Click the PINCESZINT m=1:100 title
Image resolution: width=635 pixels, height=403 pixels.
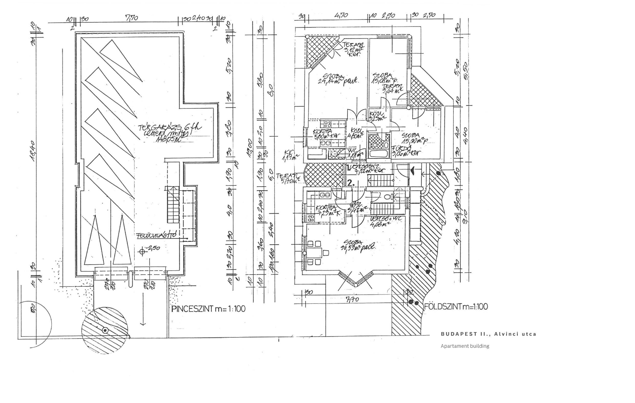pos(208,309)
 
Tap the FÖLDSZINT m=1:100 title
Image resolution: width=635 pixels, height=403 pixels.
pos(456,307)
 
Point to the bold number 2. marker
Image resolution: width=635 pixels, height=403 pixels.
pos(351,183)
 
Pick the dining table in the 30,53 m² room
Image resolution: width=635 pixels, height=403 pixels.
pos(315,252)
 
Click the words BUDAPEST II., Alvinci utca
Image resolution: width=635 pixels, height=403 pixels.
pos(489,334)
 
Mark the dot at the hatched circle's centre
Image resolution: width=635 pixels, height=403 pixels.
pos(105,330)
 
